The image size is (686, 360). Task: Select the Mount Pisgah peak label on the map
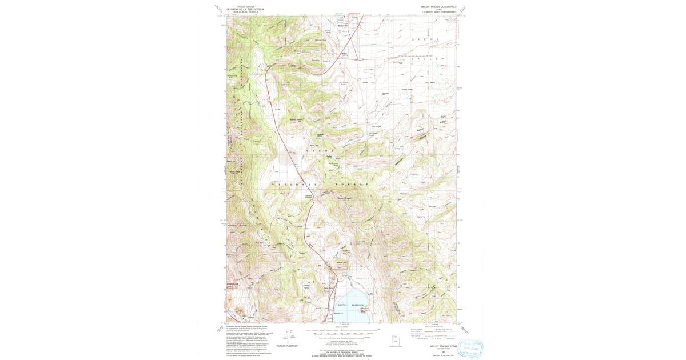(345, 198)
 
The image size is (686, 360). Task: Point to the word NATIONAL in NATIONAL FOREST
(294, 186)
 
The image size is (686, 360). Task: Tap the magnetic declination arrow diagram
(291, 337)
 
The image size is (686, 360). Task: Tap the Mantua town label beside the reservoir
(338, 313)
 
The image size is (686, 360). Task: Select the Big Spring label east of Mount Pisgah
(422, 217)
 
